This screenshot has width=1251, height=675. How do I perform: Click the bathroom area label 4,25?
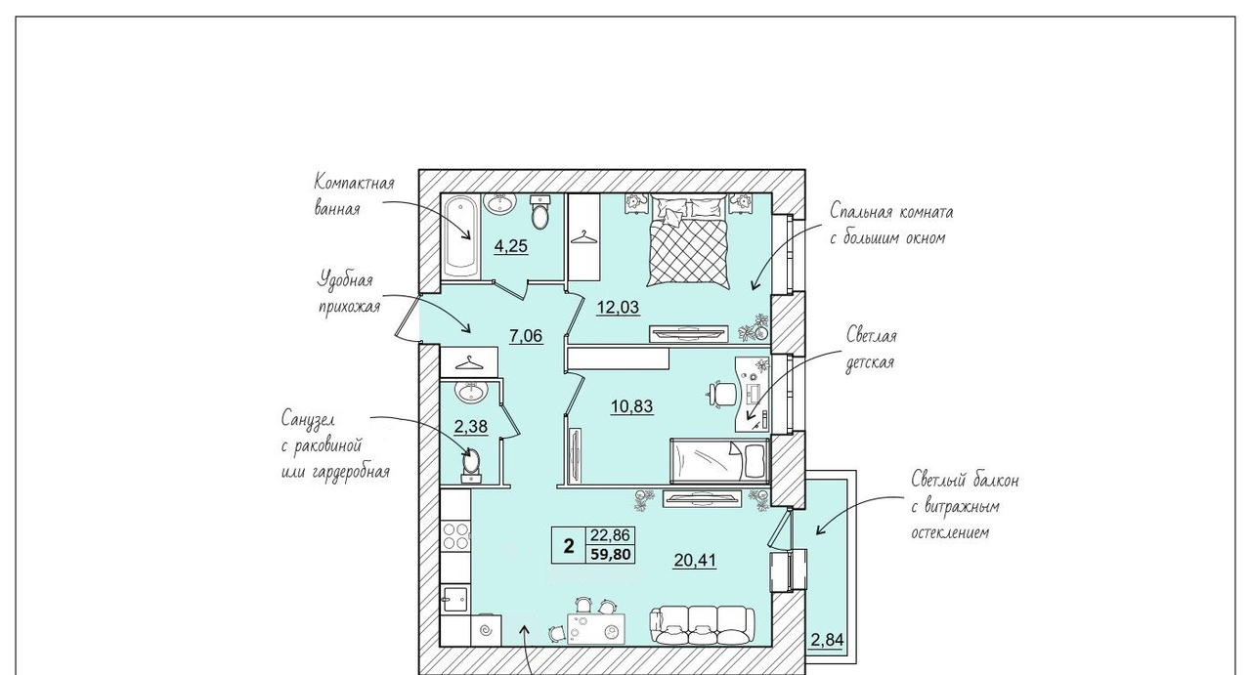(x=511, y=246)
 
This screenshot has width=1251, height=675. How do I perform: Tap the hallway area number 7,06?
(x=526, y=336)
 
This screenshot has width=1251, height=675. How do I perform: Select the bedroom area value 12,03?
(x=618, y=307)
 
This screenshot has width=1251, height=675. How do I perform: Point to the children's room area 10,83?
(x=631, y=406)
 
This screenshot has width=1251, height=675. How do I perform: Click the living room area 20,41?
(x=695, y=560)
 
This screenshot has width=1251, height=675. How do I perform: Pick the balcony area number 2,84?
(x=827, y=640)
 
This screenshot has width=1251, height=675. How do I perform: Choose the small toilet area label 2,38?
(x=471, y=427)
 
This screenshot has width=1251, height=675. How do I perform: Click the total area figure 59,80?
(x=611, y=555)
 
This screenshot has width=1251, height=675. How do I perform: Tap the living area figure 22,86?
(x=611, y=535)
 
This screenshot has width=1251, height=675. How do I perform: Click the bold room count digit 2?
(x=569, y=545)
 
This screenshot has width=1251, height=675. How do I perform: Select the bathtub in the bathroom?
(x=461, y=236)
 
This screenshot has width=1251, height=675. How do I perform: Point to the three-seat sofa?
(x=703, y=625)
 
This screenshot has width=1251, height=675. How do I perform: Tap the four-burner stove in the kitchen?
(x=455, y=536)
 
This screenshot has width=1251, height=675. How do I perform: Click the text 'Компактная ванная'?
(x=354, y=195)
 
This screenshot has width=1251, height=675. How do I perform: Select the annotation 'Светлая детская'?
(x=871, y=349)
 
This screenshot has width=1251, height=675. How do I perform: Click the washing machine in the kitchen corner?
(x=487, y=630)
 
